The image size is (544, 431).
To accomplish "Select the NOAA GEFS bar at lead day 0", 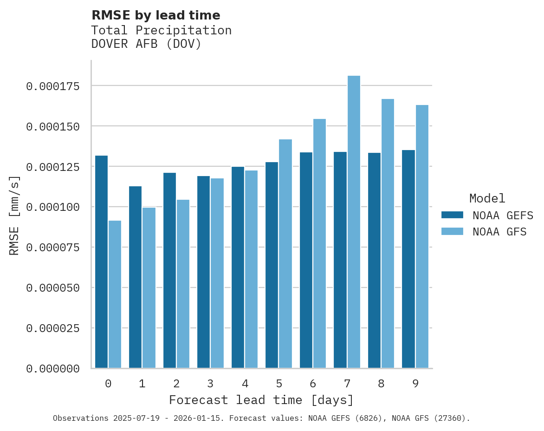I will [x=101, y=262].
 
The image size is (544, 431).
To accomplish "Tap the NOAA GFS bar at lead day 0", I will [x=115, y=294].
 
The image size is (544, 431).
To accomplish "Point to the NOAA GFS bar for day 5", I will [x=285, y=254].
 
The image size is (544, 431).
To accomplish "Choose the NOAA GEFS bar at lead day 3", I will [x=204, y=272].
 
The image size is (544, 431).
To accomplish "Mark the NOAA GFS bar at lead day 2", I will [x=183, y=284].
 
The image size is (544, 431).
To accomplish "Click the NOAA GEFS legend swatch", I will [x=452, y=215].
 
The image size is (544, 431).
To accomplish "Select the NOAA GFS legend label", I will [x=499, y=232].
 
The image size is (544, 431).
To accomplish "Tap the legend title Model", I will [x=487, y=198].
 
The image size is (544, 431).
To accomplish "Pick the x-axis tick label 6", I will [x=313, y=384].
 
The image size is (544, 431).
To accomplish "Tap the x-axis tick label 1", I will [x=142, y=384].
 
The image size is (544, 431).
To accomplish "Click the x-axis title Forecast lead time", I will [x=261, y=400].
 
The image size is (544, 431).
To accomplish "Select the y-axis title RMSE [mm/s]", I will [x=14, y=215].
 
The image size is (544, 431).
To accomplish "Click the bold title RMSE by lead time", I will [x=155, y=15].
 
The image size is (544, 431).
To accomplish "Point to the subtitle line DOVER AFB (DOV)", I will [x=146, y=45].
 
